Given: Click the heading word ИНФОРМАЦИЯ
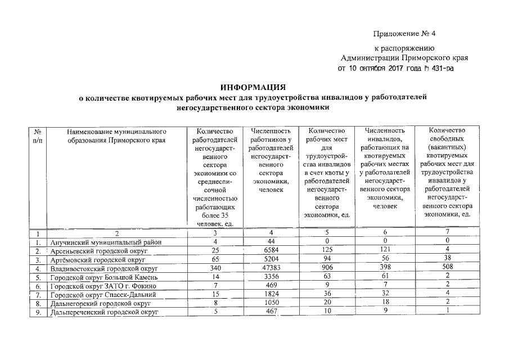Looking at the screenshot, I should [x=253, y=88].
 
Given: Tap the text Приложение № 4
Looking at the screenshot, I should [x=403, y=34].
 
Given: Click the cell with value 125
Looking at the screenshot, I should [x=327, y=251].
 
